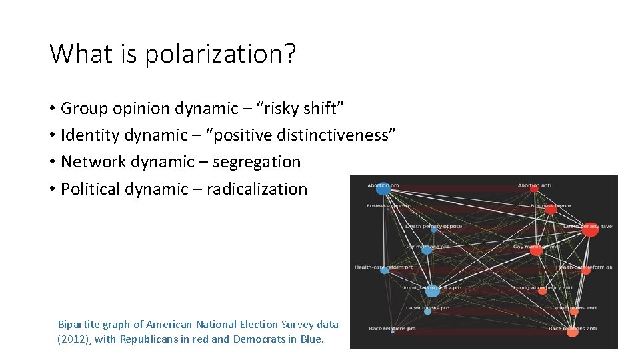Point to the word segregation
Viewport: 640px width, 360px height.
[257, 162]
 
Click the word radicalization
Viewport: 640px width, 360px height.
[257, 189]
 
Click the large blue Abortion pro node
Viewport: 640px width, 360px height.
[383, 189]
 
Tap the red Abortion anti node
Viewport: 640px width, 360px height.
[534, 189]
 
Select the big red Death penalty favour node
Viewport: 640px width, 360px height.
[590, 230]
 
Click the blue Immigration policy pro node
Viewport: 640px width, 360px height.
[432, 291]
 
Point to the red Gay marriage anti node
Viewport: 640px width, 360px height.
[536, 251]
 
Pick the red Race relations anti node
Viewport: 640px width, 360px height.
[572, 331]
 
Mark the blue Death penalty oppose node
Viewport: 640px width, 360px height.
[434, 229]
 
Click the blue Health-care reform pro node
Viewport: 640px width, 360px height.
[385, 270]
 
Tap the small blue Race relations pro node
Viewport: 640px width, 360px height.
[392, 332]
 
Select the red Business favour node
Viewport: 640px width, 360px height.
[551, 209]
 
